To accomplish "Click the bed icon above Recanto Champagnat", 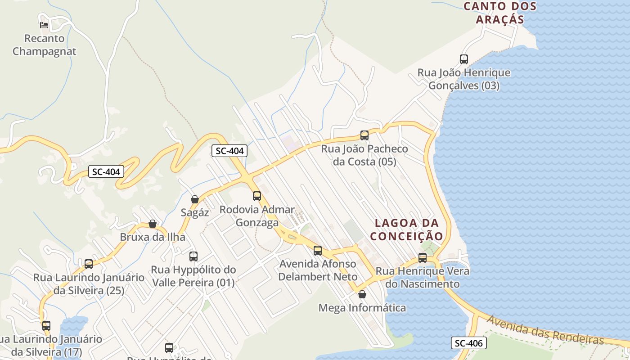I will tap(44, 24).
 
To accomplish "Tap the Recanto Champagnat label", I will tap(44, 45).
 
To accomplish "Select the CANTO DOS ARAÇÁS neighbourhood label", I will tap(500, 13).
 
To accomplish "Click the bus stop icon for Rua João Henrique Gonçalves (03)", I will tap(464, 59).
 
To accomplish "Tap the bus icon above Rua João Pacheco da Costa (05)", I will tap(364, 135).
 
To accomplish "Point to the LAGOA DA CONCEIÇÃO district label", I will tap(406, 229).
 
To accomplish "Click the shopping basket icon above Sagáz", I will tap(195, 199).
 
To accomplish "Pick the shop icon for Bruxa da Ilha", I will tap(153, 224).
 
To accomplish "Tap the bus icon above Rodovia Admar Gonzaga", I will tap(257, 196).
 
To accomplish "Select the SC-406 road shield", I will tap(468, 343).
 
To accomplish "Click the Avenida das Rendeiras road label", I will tap(544, 329).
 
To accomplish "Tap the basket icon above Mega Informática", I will tap(362, 294).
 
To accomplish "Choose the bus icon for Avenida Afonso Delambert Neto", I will tap(318, 250).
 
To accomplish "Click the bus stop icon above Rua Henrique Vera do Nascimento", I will tap(423, 257).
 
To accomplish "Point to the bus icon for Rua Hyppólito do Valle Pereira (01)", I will tap(193, 256).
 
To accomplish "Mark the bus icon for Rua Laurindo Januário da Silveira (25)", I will tap(89, 264).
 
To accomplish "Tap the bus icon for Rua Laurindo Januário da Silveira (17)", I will tap(46, 325).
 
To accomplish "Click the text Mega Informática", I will tap(362, 308).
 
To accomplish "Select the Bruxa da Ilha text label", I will tap(153, 237).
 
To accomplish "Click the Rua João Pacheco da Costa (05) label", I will tap(364, 155).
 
